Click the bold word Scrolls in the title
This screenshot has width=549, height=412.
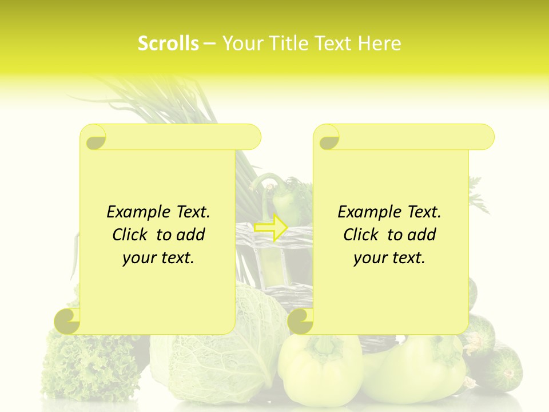pos(169,43)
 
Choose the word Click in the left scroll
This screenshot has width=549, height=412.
pos(132,235)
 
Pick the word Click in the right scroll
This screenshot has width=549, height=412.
pos(363,235)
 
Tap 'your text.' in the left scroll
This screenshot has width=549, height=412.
pos(158,258)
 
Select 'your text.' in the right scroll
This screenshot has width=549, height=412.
pos(389,258)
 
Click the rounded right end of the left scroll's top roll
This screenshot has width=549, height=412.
pos(252,137)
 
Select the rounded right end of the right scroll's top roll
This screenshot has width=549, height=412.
pos(485,137)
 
